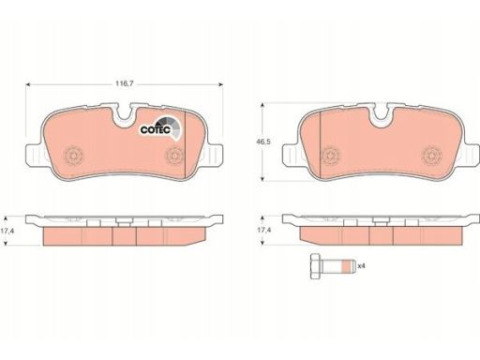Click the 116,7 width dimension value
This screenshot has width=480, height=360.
[125, 83]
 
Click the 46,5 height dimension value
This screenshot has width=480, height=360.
[263, 142]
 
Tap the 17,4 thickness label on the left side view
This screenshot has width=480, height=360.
[7, 232]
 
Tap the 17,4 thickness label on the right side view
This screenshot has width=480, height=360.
[264, 230]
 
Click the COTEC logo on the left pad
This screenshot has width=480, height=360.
[160, 127]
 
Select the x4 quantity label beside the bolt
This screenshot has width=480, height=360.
[361, 266]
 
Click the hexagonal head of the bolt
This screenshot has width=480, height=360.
[315, 266]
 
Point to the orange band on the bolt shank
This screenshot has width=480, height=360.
[345, 266]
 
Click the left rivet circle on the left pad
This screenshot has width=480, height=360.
[73, 156]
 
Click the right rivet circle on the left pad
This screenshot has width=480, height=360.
[174, 156]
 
